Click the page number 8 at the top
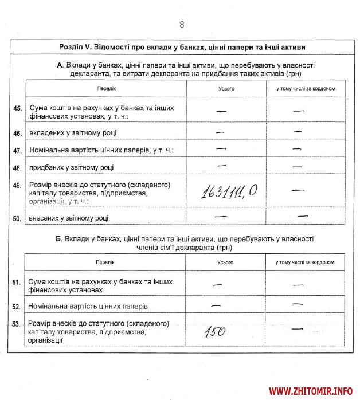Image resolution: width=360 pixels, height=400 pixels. [182, 25]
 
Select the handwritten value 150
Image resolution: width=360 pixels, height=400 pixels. [215, 331]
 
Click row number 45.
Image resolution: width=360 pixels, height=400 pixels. [17, 108]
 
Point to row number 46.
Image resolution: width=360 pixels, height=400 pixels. [17, 133]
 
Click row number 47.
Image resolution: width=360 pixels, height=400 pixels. [17, 151]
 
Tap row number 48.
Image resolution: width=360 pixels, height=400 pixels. [17, 167]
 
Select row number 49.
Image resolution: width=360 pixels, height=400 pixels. [17, 186]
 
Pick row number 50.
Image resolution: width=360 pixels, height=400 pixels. [17, 218]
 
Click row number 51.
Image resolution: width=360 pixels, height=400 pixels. [17, 282]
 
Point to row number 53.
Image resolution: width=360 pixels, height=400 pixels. [17, 324]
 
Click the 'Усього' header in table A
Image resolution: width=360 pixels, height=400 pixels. [226, 89]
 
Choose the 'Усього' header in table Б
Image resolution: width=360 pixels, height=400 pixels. [225, 262]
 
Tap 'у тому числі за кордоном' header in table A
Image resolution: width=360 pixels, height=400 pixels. [306, 89]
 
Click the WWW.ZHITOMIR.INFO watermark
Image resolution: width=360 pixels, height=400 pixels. [311, 391]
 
